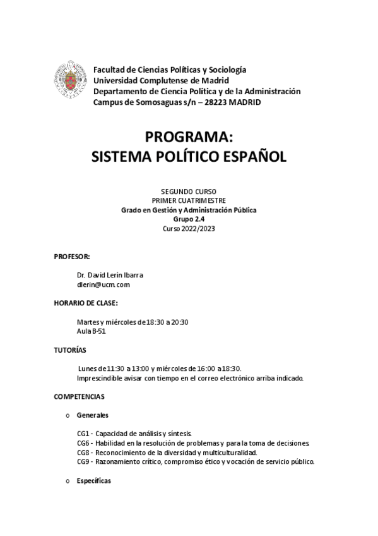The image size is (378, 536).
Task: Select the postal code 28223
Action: [x=206, y=102]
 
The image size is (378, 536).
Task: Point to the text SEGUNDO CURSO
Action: [x=189, y=190]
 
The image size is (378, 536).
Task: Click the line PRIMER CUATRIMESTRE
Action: [x=189, y=200]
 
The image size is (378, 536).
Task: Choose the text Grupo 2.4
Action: [x=189, y=219]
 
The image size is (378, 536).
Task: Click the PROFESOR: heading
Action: [x=72, y=256]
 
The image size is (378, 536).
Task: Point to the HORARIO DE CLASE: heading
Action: [x=86, y=303]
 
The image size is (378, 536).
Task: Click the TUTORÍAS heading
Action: [x=71, y=350]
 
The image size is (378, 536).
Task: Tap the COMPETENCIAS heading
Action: [x=80, y=396]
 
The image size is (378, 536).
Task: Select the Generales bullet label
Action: [x=92, y=415]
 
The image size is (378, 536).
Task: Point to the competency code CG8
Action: [x=83, y=453]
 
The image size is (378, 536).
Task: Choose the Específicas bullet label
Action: [x=93, y=480]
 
